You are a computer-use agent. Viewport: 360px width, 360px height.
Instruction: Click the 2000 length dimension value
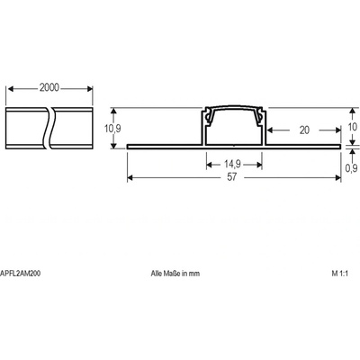49,87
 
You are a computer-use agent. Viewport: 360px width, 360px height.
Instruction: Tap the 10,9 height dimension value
112,129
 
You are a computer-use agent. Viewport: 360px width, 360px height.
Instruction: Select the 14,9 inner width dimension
232,164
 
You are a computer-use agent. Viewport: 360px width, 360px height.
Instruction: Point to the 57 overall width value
231,177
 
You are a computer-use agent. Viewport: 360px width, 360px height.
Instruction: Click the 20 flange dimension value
304,130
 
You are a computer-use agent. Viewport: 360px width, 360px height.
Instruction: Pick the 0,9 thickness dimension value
351,168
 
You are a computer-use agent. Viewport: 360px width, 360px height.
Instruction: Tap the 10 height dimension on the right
353,127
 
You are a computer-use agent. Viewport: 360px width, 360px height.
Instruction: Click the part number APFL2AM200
21,274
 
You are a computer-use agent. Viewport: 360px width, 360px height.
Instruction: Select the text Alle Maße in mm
175,274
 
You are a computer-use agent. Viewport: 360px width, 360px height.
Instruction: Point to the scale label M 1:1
339,274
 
